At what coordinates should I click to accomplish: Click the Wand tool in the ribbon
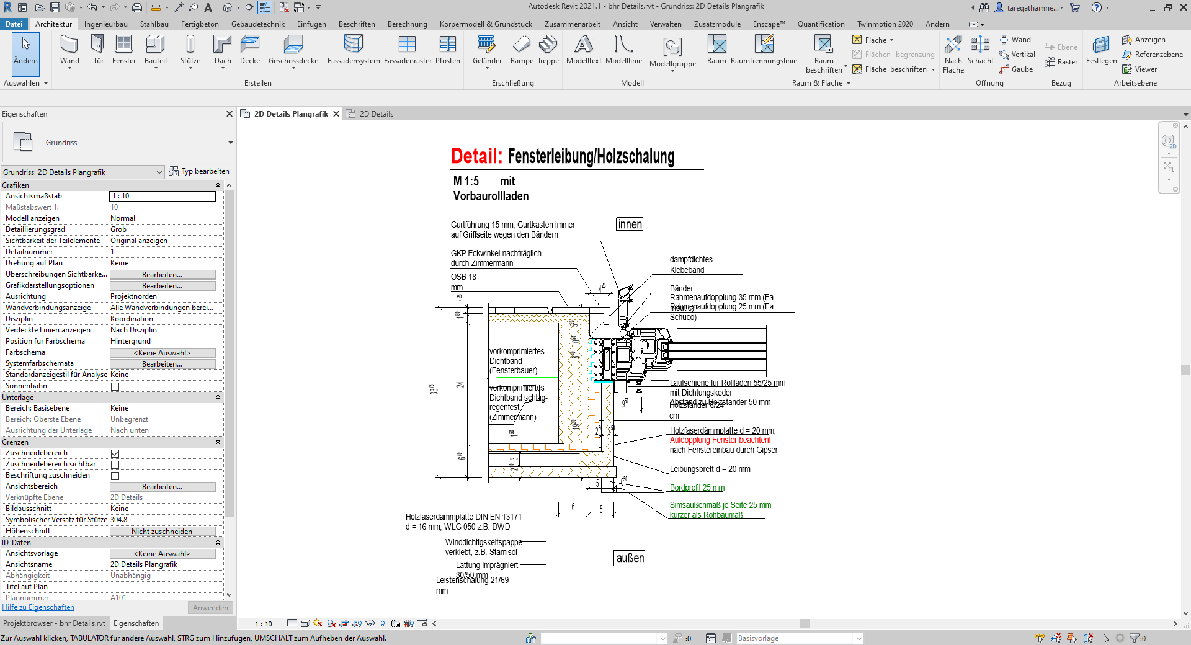pos(69,49)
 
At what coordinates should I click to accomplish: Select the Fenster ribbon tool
pos(123,49)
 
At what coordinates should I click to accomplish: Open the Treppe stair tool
pos(548,49)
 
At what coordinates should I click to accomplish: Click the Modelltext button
pos(584,49)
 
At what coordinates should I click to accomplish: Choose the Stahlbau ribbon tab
pos(154,24)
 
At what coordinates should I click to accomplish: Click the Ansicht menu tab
pos(625,24)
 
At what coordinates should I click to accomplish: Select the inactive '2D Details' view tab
pos(376,114)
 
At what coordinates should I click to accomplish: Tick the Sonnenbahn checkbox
pos(115,386)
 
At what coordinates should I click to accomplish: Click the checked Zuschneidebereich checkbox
pos(115,453)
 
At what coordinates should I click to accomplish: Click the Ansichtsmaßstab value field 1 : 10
pos(162,196)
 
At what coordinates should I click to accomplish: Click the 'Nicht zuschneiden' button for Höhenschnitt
pos(162,532)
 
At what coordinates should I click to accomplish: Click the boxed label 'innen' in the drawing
pos(630,225)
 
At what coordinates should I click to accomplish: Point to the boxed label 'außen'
pos(630,558)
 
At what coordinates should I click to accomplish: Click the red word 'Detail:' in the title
pos(476,156)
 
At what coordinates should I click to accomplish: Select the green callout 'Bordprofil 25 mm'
pos(697,488)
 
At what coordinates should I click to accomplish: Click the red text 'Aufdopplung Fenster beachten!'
pos(720,440)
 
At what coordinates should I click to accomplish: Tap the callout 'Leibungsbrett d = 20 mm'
pos(710,469)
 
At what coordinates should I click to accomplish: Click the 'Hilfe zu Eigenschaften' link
pos(38,607)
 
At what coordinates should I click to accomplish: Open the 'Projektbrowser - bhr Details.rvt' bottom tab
pos(54,623)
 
